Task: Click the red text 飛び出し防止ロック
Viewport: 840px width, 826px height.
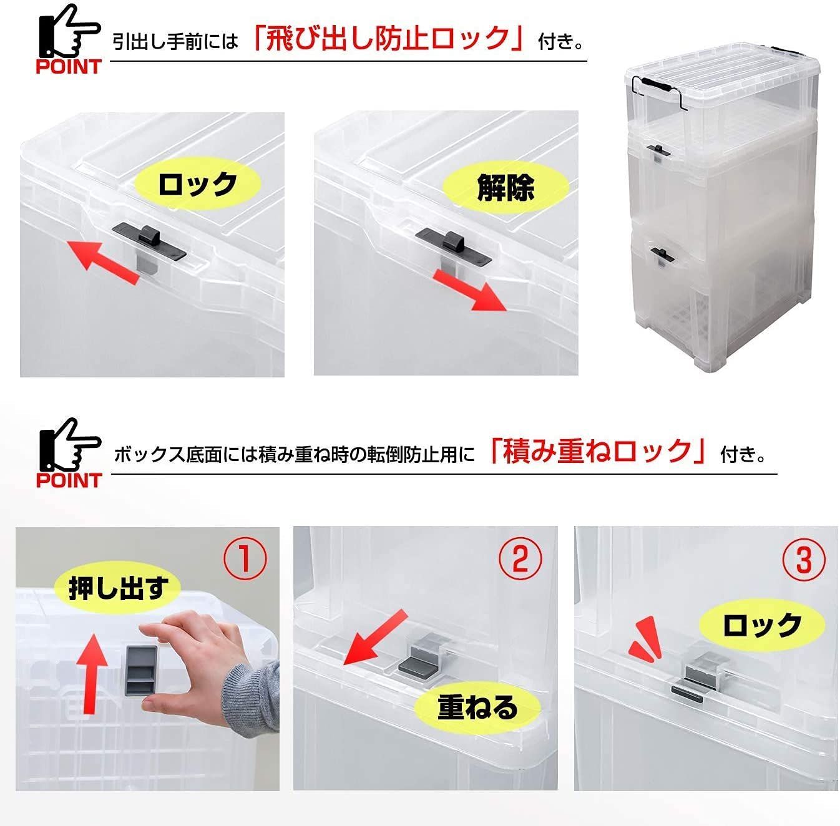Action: (389, 39)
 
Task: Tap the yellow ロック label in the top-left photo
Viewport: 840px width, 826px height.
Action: (197, 185)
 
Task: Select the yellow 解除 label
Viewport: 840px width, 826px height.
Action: (505, 187)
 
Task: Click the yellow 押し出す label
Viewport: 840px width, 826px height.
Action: (117, 588)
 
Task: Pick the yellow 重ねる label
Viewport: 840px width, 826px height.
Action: (478, 707)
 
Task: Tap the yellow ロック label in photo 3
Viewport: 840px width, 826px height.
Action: (761, 625)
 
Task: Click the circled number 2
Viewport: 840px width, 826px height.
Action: (520, 557)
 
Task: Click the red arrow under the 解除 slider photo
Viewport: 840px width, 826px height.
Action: (471, 291)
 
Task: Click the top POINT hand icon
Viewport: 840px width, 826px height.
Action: (69, 37)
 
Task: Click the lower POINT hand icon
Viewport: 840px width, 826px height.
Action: (69, 452)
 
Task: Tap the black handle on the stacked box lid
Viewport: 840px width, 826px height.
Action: (655, 84)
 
